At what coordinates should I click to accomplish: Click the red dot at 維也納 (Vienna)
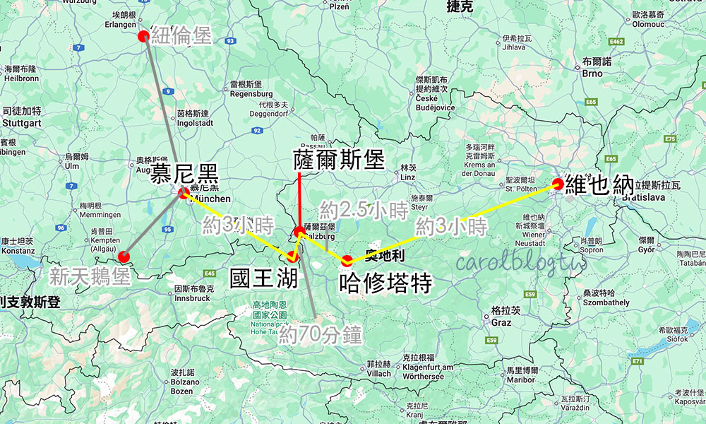[x=558, y=184]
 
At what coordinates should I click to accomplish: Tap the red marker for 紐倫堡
[x=144, y=37]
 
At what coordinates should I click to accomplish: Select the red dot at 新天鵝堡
[x=124, y=257]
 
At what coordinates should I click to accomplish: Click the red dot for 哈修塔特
[x=347, y=260]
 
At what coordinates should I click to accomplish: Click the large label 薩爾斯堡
[x=339, y=160]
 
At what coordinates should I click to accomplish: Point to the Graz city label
[x=501, y=322]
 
